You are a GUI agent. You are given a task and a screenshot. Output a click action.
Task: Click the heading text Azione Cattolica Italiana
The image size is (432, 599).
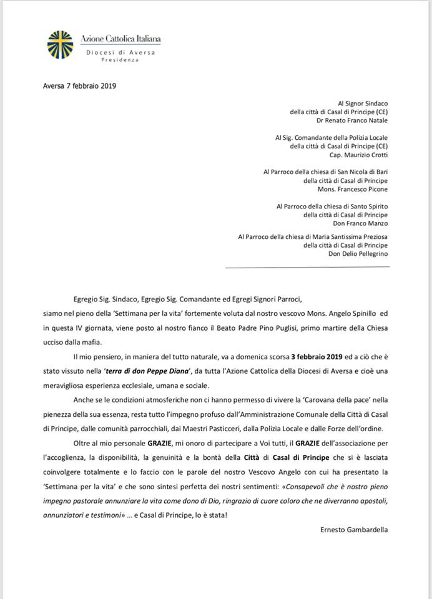121,39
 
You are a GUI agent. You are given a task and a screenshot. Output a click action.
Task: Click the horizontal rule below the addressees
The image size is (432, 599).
307,266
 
